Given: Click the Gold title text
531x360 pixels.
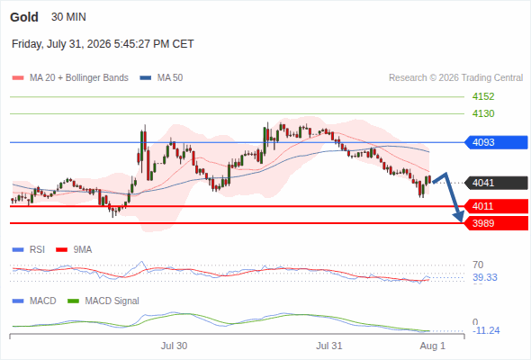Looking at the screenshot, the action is coord(24,17).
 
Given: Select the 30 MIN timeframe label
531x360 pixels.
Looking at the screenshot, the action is coord(68,17).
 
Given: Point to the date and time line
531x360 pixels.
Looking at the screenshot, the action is coord(103,44).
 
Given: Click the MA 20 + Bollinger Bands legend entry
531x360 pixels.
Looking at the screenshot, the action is coord(70,78).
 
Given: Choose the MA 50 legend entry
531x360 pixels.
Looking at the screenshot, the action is coord(161,78).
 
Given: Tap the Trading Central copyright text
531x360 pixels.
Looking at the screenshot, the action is coord(455,78).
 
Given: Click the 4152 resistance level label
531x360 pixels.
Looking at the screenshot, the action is coord(483,96).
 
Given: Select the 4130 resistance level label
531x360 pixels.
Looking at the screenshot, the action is coord(483,113).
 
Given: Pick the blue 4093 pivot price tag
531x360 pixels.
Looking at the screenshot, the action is coord(496,142).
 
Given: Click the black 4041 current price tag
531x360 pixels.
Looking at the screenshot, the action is coord(496,183).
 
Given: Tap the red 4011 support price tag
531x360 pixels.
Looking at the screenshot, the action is coord(496,206).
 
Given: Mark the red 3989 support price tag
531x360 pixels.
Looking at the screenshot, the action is coord(496,223).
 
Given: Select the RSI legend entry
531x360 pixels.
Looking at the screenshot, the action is coord(29,249).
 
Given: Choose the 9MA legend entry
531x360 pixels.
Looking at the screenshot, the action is coord(74,249).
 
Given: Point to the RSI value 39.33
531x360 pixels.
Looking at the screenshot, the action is coord(485,277).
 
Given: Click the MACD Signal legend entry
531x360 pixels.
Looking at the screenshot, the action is coord(103,301).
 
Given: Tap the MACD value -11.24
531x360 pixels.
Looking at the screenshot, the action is coord(486,330).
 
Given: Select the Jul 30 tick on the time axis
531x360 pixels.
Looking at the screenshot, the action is coord(174,346).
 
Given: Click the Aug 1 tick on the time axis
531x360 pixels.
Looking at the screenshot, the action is coord(433,346).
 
